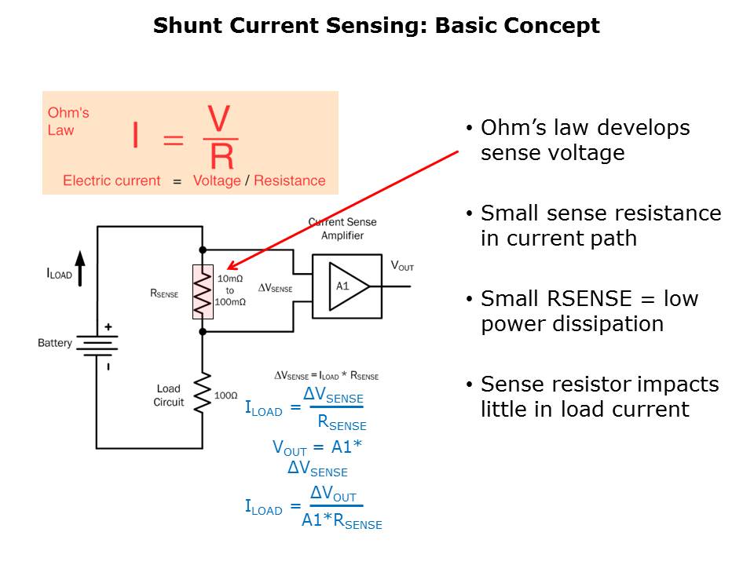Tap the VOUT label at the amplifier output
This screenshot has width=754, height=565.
[402, 266]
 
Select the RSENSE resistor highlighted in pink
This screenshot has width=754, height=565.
[203, 292]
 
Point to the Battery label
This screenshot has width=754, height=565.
[55, 343]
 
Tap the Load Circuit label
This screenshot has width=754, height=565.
[169, 395]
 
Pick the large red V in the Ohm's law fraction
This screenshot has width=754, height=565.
[218, 120]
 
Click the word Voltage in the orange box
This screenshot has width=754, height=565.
[217, 180]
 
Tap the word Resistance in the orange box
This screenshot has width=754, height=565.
[289, 180]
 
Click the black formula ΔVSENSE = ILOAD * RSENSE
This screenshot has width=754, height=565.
[326, 375]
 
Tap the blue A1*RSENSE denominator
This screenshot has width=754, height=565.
[342, 519]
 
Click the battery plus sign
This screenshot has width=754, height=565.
[108, 327]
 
